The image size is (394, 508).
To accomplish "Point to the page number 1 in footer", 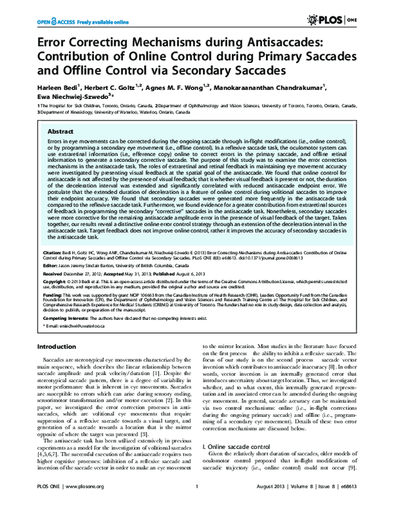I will tap(197, 496).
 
